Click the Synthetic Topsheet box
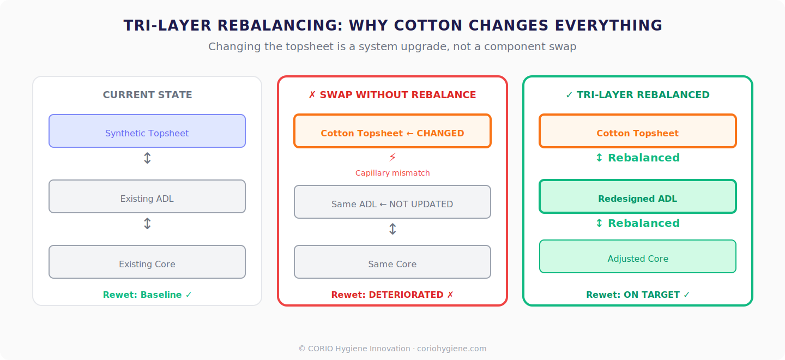tap(147, 131)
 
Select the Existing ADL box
tap(147, 196)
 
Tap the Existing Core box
tap(147, 262)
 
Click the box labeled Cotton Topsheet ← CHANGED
tap(392, 131)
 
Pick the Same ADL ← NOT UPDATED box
tap(392, 202)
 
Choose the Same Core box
tap(392, 262)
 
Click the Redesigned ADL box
tap(638, 196)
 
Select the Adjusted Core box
tap(638, 256)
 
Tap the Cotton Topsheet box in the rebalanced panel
tap(638, 131)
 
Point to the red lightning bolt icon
tap(392, 158)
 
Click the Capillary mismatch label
tap(392, 173)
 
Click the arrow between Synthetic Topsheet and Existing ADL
tap(147, 158)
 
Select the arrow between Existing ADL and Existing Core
tap(147, 224)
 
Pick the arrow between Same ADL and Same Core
tap(392, 229)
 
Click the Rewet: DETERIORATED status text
tap(392, 295)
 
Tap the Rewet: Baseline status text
tap(147, 295)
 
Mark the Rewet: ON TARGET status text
tap(638, 295)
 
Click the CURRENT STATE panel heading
tap(147, 95)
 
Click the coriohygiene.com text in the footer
tap(451, 349)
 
